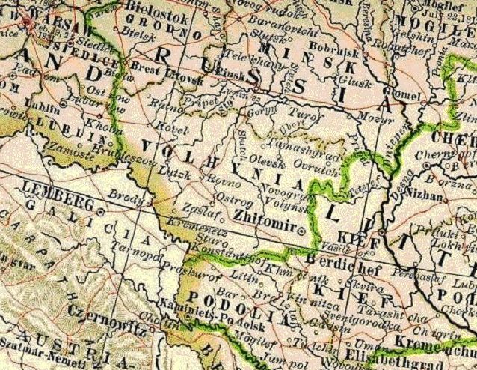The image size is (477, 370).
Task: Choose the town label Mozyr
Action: tap(369, 118)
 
